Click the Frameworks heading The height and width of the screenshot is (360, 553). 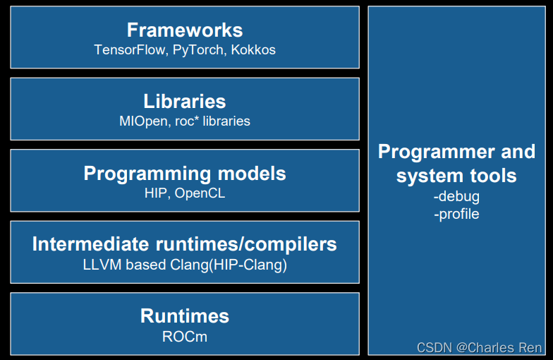coord(185,30)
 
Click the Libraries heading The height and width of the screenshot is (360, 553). coord(185,102)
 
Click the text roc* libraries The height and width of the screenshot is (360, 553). coord(212,121)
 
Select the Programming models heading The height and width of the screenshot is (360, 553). coord(185,174)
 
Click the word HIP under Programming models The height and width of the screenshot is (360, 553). coord(155,193)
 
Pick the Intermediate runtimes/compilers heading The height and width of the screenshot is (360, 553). coord(185,245)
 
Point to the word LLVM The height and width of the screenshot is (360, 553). coord(101,265)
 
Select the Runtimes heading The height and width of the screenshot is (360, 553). coord(185,316)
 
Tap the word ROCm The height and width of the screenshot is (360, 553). coord(185,336)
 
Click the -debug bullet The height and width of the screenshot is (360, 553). coord(456,197)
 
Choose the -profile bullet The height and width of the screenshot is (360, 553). coord(456,213)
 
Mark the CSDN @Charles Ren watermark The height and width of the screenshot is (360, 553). coord(480,347)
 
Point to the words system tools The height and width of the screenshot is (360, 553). coord(456,176)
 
